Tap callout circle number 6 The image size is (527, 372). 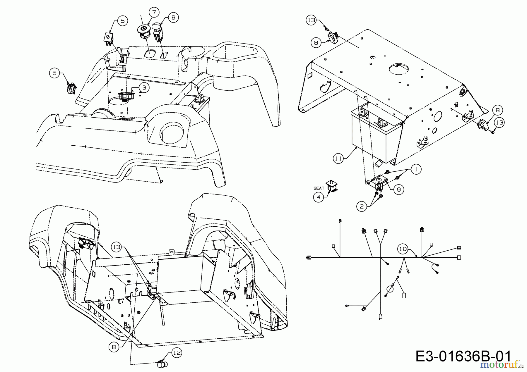(173, 18)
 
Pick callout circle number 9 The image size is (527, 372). (399, 190)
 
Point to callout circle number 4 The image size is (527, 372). (319, 197)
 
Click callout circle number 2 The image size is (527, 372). (362, 206)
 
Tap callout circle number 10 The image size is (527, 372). (403, 249)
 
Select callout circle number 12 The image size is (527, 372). (177, 353)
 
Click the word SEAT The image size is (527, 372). (319, 188)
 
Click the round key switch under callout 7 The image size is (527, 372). (144, 30)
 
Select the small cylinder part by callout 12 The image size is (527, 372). (162, 364)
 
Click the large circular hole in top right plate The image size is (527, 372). (398, 69)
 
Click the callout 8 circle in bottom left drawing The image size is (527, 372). (114, 347)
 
